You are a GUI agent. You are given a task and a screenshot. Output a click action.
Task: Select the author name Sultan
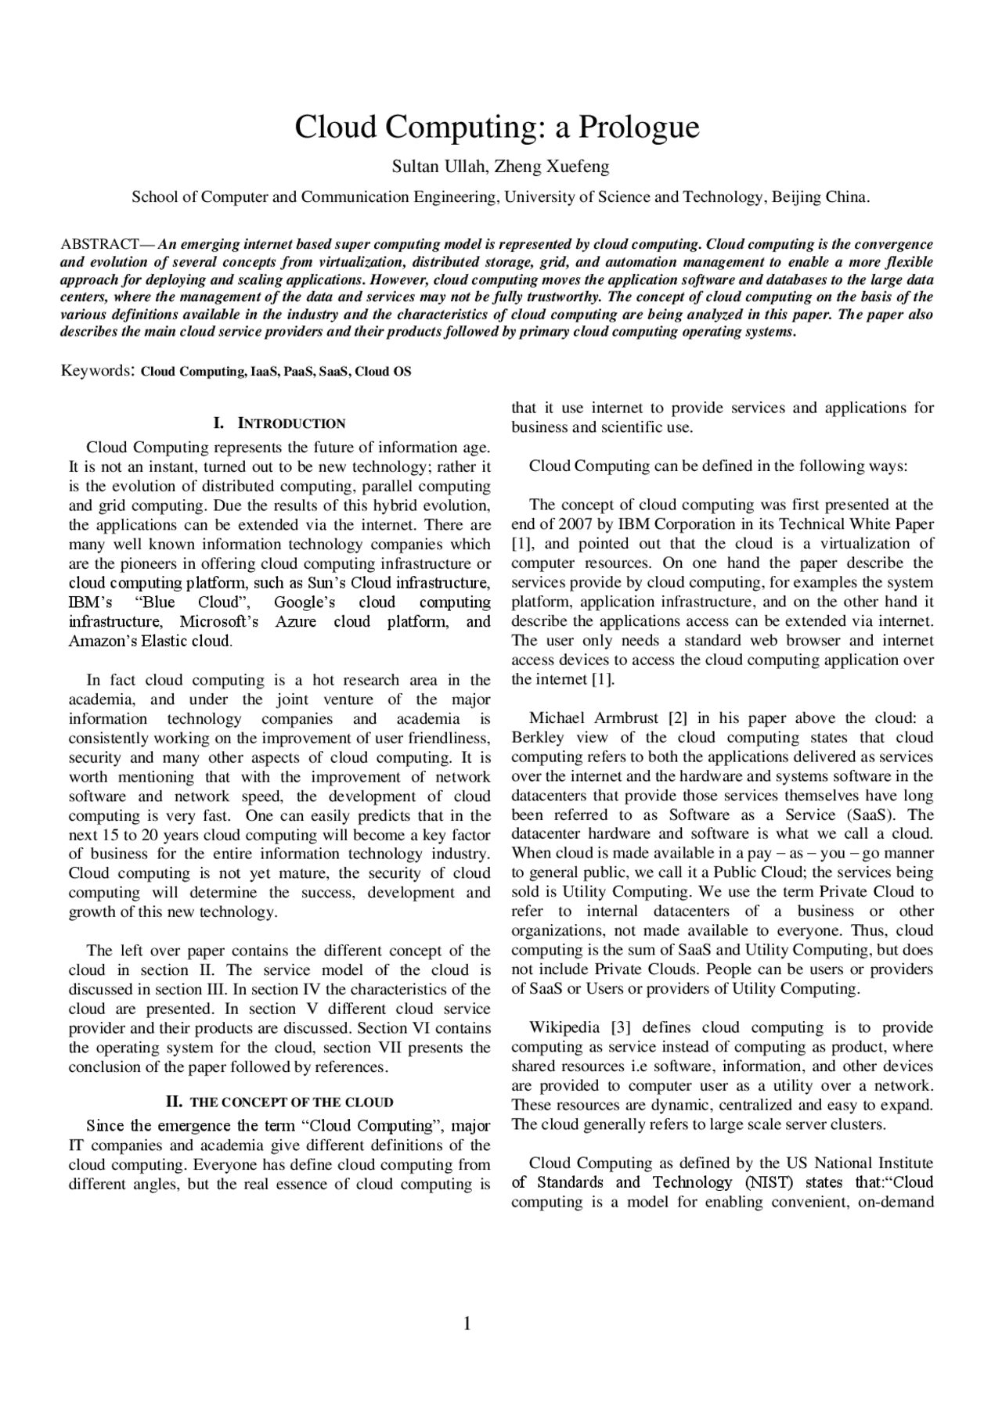point(416,167)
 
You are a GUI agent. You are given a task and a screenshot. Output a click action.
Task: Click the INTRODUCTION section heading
point(291,424)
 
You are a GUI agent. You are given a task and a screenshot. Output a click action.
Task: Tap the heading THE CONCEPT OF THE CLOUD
point(291,1103)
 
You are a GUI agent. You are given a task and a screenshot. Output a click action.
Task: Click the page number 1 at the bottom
point(467,1324)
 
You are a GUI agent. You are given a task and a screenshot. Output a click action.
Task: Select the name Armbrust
point(627,718)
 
